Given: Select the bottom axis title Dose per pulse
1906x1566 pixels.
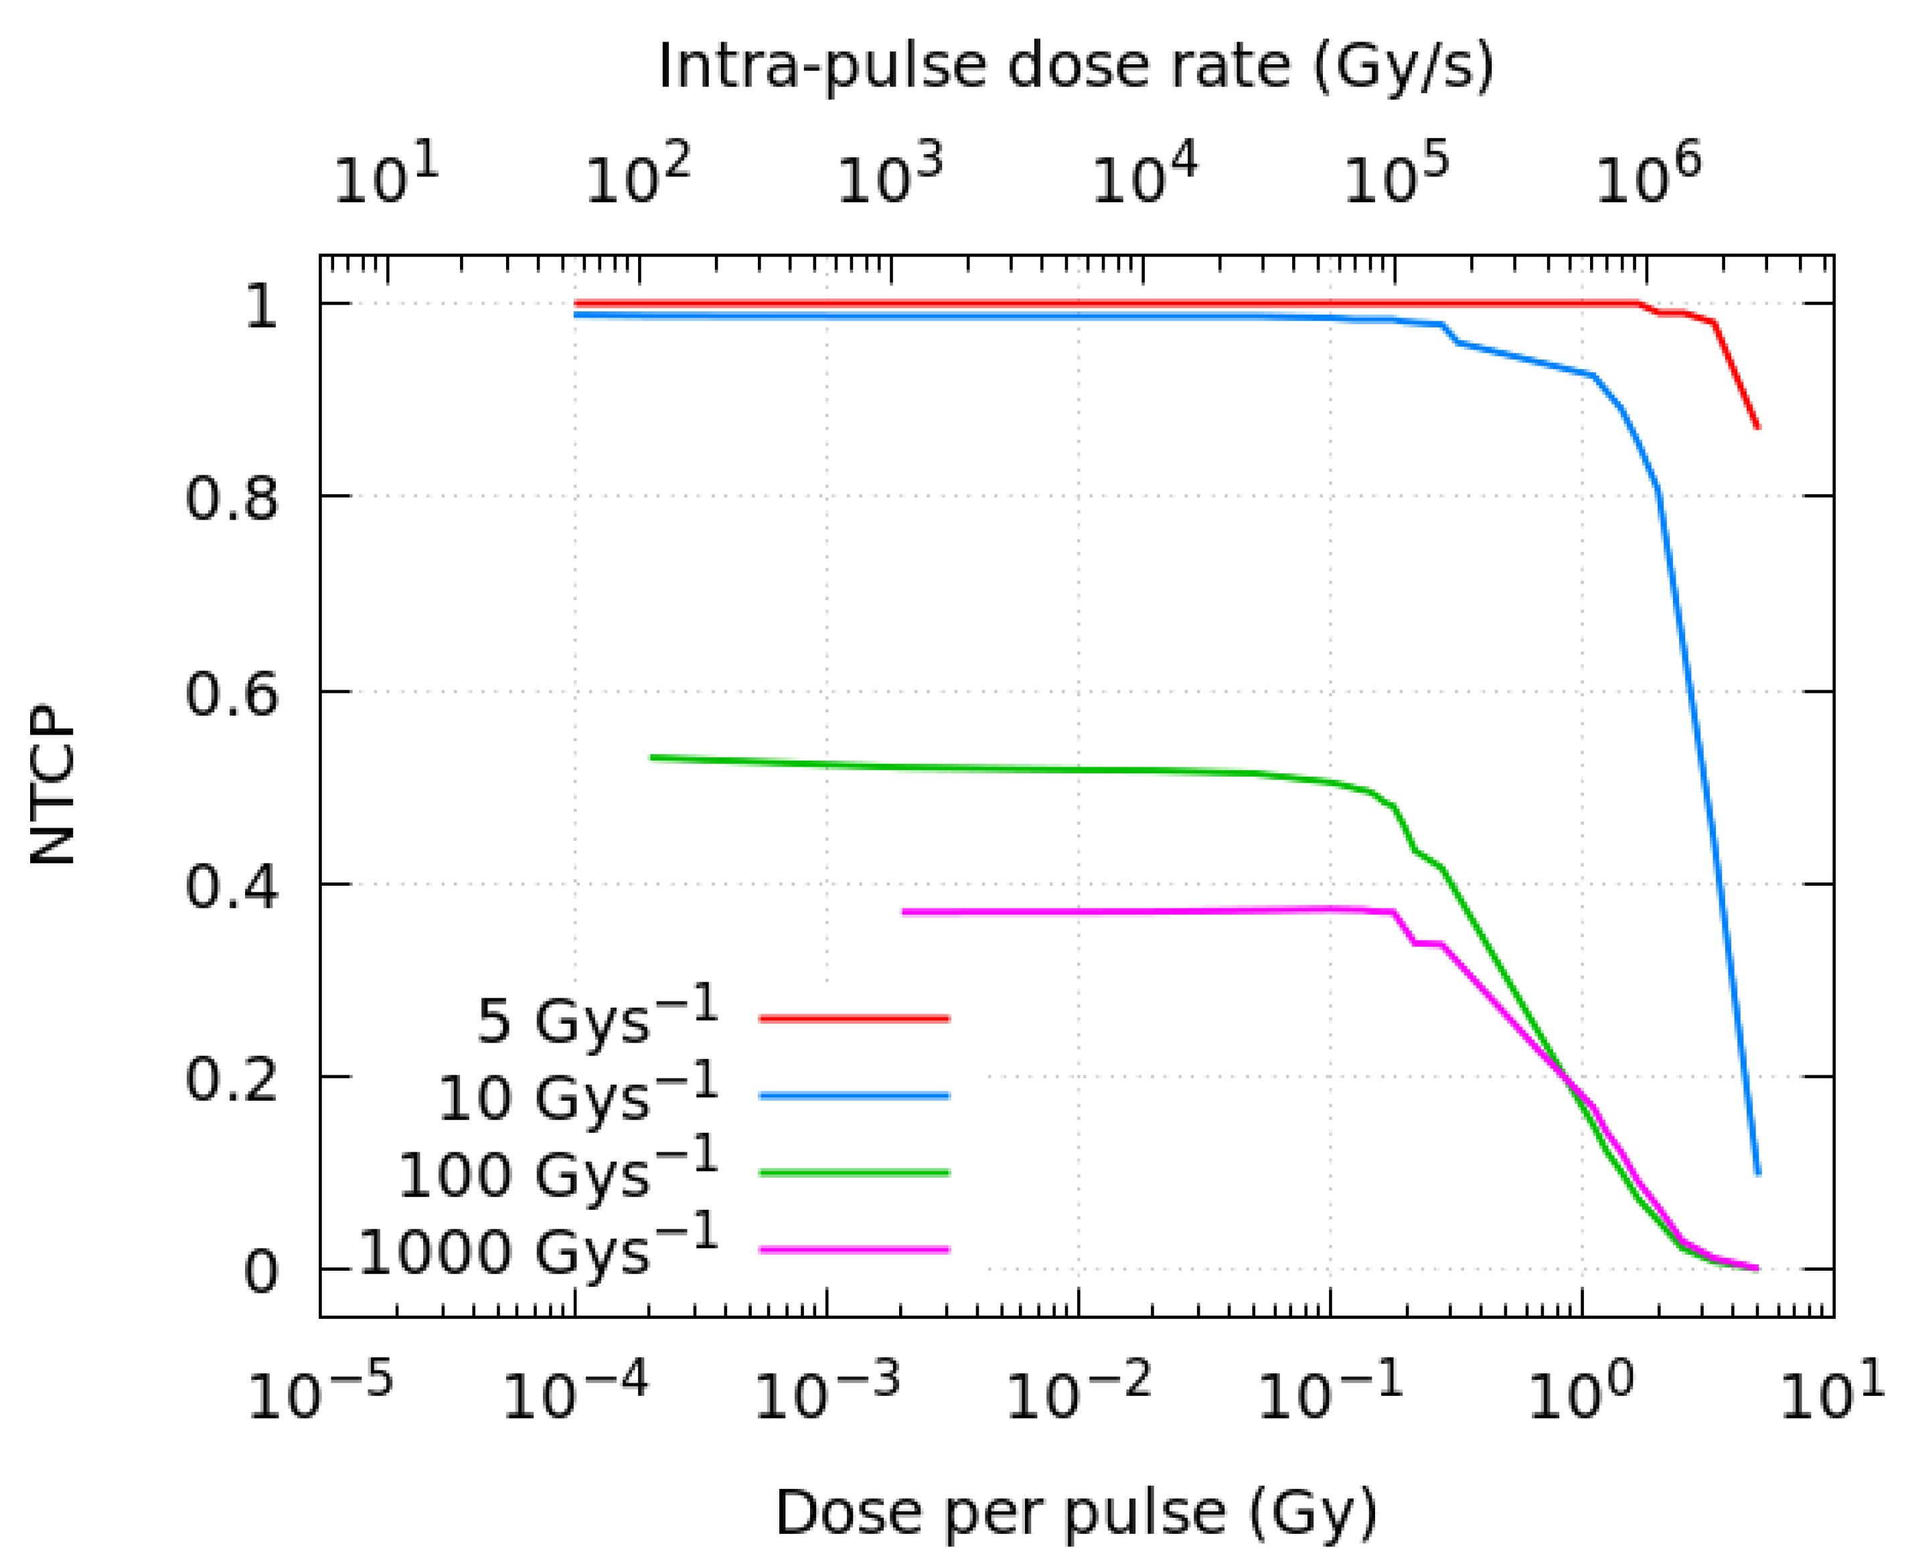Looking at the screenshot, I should coord(1076,1512).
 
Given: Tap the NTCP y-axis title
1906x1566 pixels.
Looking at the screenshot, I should coord(52,785).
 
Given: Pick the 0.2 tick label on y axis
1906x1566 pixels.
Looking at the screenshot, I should coord(231,1078).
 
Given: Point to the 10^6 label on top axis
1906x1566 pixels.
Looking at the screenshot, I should coord(1648,177).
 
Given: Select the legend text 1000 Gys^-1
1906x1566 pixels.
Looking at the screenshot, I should coord(538,1249).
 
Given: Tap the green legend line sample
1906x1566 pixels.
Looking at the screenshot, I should coord(854,1173).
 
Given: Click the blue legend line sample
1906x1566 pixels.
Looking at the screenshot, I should coord(854,1096).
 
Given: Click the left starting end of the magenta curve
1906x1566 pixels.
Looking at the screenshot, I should coord(904,912).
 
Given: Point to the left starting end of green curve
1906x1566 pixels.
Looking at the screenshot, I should coord(651,757).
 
